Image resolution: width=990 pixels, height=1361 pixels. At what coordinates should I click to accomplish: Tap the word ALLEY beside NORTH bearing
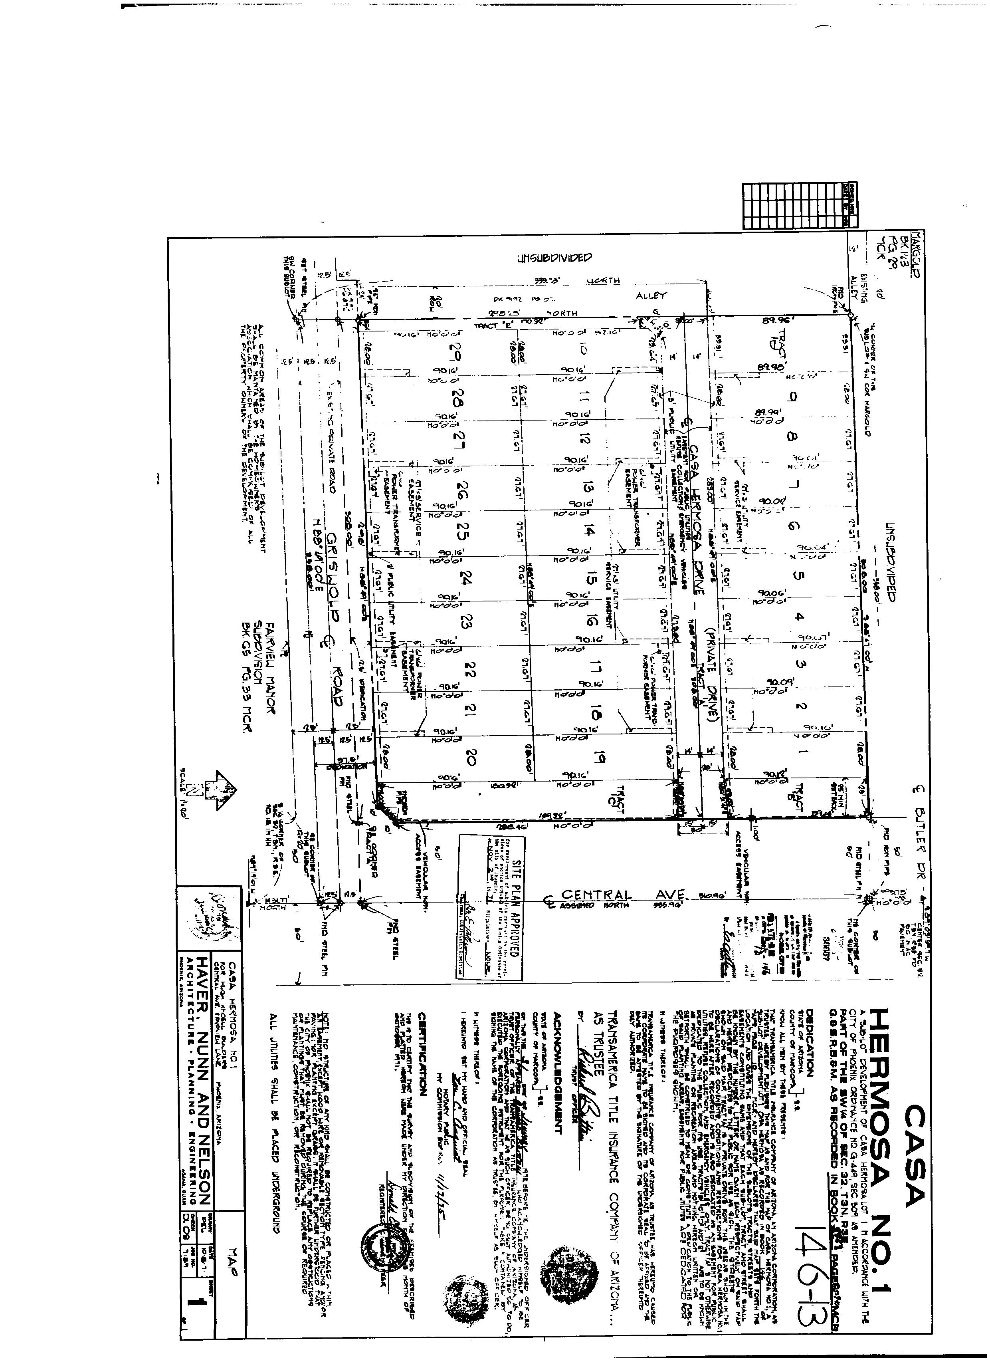(651, 295)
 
